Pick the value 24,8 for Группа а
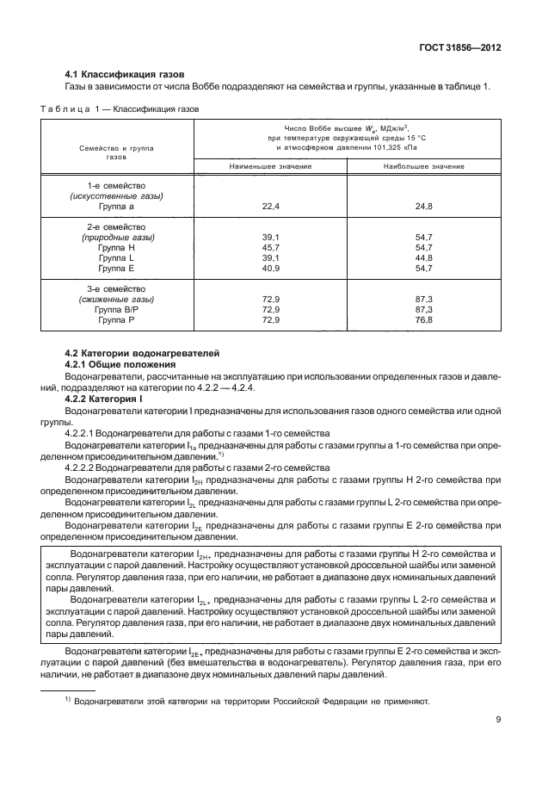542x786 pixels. [x=422, y=207]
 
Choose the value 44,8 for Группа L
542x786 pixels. [x=422, y=257]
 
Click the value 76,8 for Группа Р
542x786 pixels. [x=422, y=319]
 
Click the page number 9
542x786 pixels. [x=498, y=721]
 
